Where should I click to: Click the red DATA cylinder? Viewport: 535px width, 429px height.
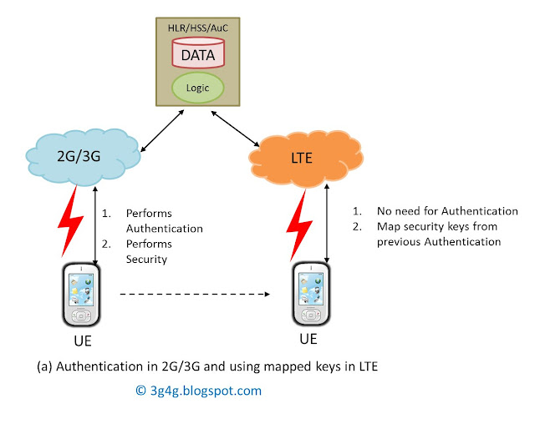(x=198, y=56)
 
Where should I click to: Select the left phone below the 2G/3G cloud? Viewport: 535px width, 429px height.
(x=80, y=297)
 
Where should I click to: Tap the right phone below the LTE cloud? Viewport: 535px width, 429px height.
(x=308, y=297)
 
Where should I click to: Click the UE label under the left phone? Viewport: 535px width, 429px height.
(x=80, y=342)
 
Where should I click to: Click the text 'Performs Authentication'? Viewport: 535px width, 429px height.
(x=163, y=220)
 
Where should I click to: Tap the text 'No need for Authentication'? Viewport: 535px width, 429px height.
(x=447, y=211)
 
